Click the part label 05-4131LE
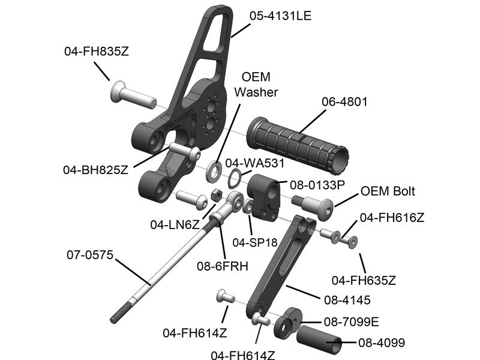point(281,16)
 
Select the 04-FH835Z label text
point(97,52)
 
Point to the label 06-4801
point(344,102)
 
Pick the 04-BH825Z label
point(95,169)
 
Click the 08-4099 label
point(382,343)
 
